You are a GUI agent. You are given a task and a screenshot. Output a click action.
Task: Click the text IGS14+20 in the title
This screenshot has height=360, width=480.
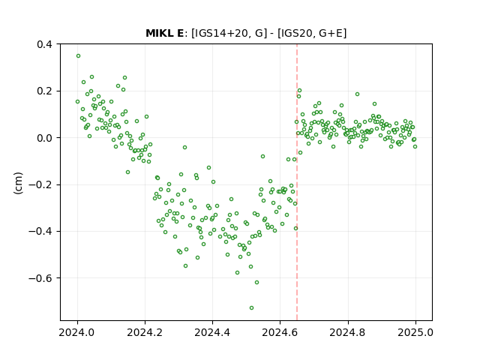[x=220, y=33]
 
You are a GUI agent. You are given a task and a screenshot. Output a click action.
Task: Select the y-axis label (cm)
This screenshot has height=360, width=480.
[x=18, y=183]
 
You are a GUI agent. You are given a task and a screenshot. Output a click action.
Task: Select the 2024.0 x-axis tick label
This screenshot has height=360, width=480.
[x=77, y=332]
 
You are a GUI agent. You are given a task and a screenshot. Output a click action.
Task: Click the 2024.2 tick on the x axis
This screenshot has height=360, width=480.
[x=145, y=332]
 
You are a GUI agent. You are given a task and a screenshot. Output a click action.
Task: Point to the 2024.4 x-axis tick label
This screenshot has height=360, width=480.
[x=212, y=332]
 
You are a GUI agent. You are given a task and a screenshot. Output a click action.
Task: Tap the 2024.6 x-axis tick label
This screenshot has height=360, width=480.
[x=280, y=332]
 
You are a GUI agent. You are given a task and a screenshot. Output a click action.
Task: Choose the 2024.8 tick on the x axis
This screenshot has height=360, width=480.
[x=348, y=332]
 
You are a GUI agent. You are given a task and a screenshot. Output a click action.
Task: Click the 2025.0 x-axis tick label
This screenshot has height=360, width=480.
[x=415, y=332]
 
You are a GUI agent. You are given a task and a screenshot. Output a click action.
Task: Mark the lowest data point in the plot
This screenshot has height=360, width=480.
[x=252, y=308]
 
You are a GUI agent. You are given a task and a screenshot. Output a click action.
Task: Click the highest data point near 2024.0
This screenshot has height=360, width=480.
[x=78, y=56]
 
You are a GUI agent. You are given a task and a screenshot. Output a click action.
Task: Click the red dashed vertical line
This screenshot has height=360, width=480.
[x=297, y=182]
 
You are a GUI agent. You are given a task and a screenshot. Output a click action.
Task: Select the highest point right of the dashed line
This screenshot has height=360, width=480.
[x=300, y=91]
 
